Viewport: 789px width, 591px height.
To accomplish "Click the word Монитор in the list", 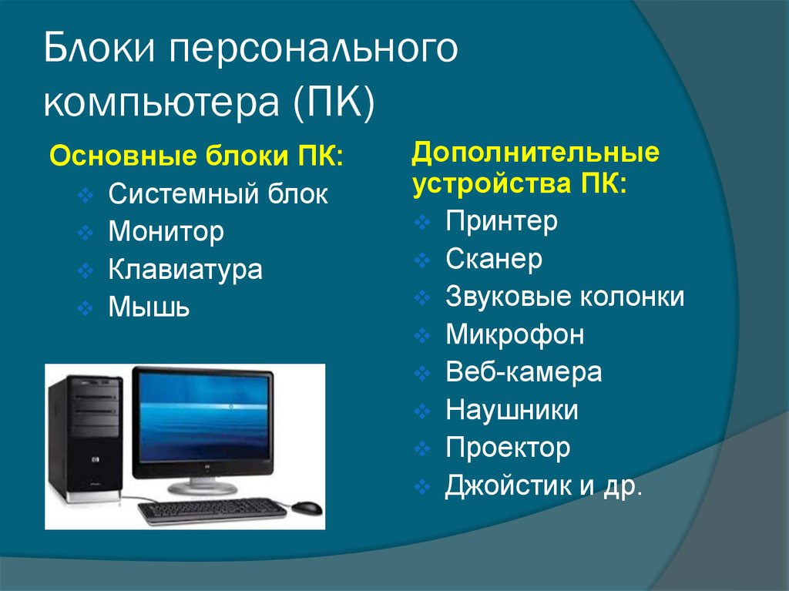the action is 166,233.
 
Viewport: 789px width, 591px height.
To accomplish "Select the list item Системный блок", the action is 218,194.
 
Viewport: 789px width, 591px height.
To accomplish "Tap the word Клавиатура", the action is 185,270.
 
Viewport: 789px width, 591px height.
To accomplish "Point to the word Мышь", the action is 149,307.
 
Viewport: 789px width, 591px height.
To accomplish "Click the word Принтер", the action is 502,221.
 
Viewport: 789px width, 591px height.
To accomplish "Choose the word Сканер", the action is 494,259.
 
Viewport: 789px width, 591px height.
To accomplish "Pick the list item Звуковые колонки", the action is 565,296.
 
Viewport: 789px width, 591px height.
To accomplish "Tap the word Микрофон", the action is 515,334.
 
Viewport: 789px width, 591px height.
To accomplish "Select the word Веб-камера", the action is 523,372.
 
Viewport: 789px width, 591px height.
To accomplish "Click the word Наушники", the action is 512,410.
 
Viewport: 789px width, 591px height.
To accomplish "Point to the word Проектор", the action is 508,448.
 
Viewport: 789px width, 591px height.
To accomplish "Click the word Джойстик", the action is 509,485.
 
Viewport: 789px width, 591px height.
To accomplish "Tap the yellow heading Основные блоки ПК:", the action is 196,156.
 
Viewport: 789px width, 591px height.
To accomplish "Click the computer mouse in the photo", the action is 307,507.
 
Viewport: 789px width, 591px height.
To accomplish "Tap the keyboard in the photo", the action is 213,510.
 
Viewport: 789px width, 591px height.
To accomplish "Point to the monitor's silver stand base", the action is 203,487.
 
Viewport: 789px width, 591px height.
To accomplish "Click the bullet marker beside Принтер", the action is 422,222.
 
